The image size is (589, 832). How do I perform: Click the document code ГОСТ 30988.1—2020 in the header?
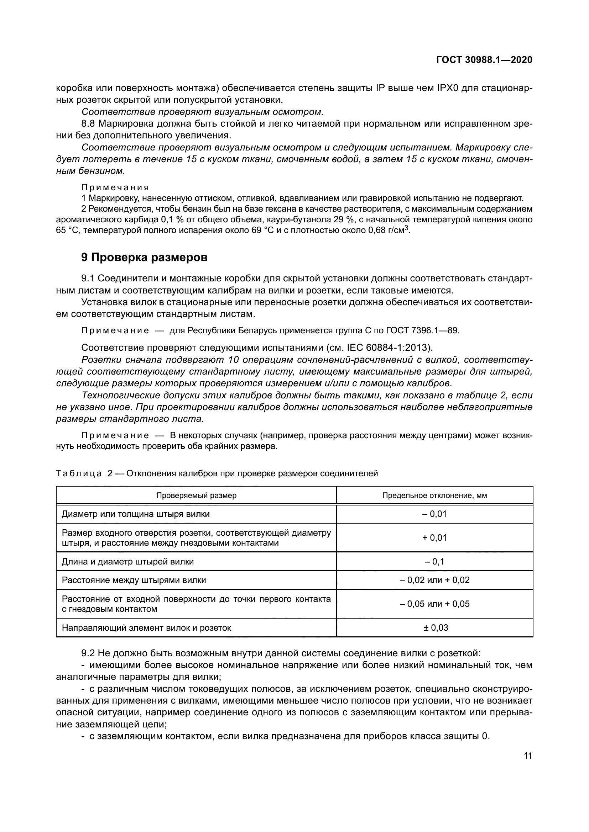pos(484,60)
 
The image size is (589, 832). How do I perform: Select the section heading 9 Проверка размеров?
pos(144,257)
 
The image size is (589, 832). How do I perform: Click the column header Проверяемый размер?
pos(196,496)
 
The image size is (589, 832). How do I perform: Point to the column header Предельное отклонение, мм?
pos(434,496)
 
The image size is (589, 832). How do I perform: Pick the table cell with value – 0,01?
pos(434,514)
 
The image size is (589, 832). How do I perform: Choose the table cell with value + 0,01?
pos(434,538)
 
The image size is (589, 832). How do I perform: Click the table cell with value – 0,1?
pos(434,562)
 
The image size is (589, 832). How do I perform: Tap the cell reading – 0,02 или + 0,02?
pos(434,580)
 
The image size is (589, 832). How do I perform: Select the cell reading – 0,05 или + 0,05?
pos(434,604)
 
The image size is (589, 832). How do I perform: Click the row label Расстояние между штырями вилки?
pos(134,580)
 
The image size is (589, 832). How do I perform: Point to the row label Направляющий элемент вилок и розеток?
pos(146,627)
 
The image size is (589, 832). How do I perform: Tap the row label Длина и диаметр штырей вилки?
pos(128,562)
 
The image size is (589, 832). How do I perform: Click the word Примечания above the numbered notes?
pos(115,187)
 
